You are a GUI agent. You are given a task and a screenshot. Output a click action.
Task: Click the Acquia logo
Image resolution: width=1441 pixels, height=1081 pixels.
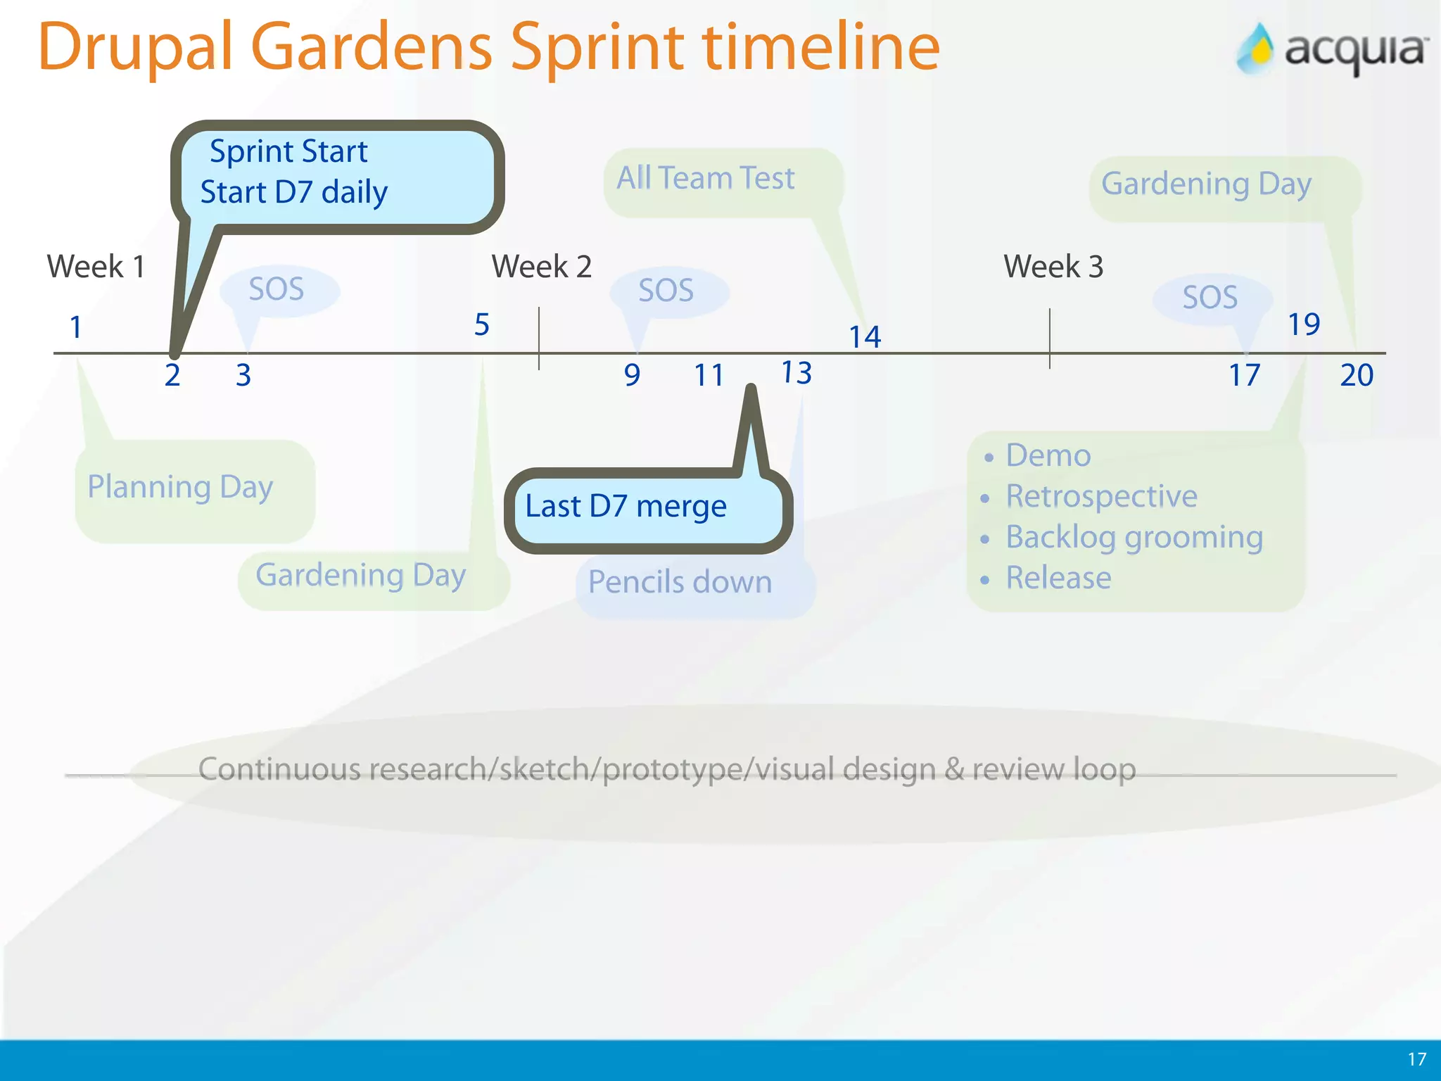pos(1332,49)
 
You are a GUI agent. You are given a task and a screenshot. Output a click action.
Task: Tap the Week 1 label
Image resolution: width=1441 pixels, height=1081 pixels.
pos(96,267)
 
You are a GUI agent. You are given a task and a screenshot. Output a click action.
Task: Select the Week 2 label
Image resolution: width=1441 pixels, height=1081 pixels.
pos(541,267)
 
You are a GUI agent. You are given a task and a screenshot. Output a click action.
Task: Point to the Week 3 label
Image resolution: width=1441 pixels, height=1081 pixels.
pos(1053,267)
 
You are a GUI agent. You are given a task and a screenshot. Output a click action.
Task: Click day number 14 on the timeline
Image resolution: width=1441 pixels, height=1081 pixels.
pos(865,337)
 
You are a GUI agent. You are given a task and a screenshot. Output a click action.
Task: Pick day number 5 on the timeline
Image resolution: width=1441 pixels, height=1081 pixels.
pos(481,324)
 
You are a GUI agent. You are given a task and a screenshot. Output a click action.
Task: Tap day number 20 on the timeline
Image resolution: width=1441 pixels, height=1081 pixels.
pos(1357,375)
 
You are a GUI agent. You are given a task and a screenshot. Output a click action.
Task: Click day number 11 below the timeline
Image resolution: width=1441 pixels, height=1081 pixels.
pos(709,375)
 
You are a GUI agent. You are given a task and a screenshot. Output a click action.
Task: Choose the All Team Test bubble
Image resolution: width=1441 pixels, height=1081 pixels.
pos(706,178)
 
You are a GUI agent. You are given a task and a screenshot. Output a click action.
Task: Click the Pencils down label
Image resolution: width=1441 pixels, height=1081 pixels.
pos(680,582)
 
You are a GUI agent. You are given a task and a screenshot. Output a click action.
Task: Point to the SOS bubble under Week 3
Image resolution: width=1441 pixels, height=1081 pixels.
pos(1210,298)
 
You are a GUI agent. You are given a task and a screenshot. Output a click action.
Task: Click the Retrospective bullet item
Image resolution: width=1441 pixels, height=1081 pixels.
pos(1101,496)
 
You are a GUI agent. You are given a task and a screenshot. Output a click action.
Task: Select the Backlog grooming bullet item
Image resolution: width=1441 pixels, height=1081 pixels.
pos(1134,538)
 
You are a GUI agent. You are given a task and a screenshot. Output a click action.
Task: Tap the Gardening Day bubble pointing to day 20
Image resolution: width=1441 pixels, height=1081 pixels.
pos(1206,184)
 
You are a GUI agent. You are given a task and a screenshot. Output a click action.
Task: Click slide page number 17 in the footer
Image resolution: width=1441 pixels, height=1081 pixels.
pos(1416,1058)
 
